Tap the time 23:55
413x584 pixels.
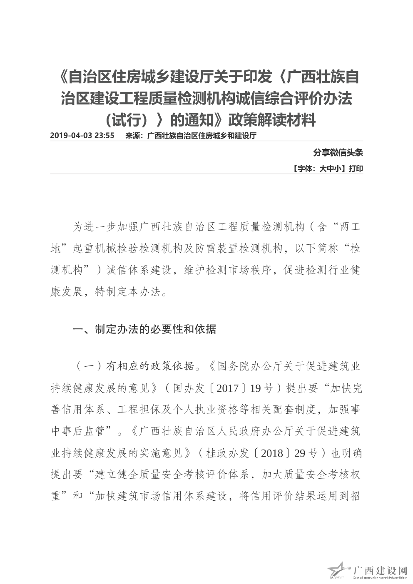(x=104, y=136)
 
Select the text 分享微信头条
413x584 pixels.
(x=338, y=153)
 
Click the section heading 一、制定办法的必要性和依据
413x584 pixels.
(x=144, y=329)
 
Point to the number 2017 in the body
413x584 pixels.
(x=227, y=388)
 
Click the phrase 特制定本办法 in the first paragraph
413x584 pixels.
(x=127, y=291)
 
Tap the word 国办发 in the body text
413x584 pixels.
(x=189, y=388)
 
